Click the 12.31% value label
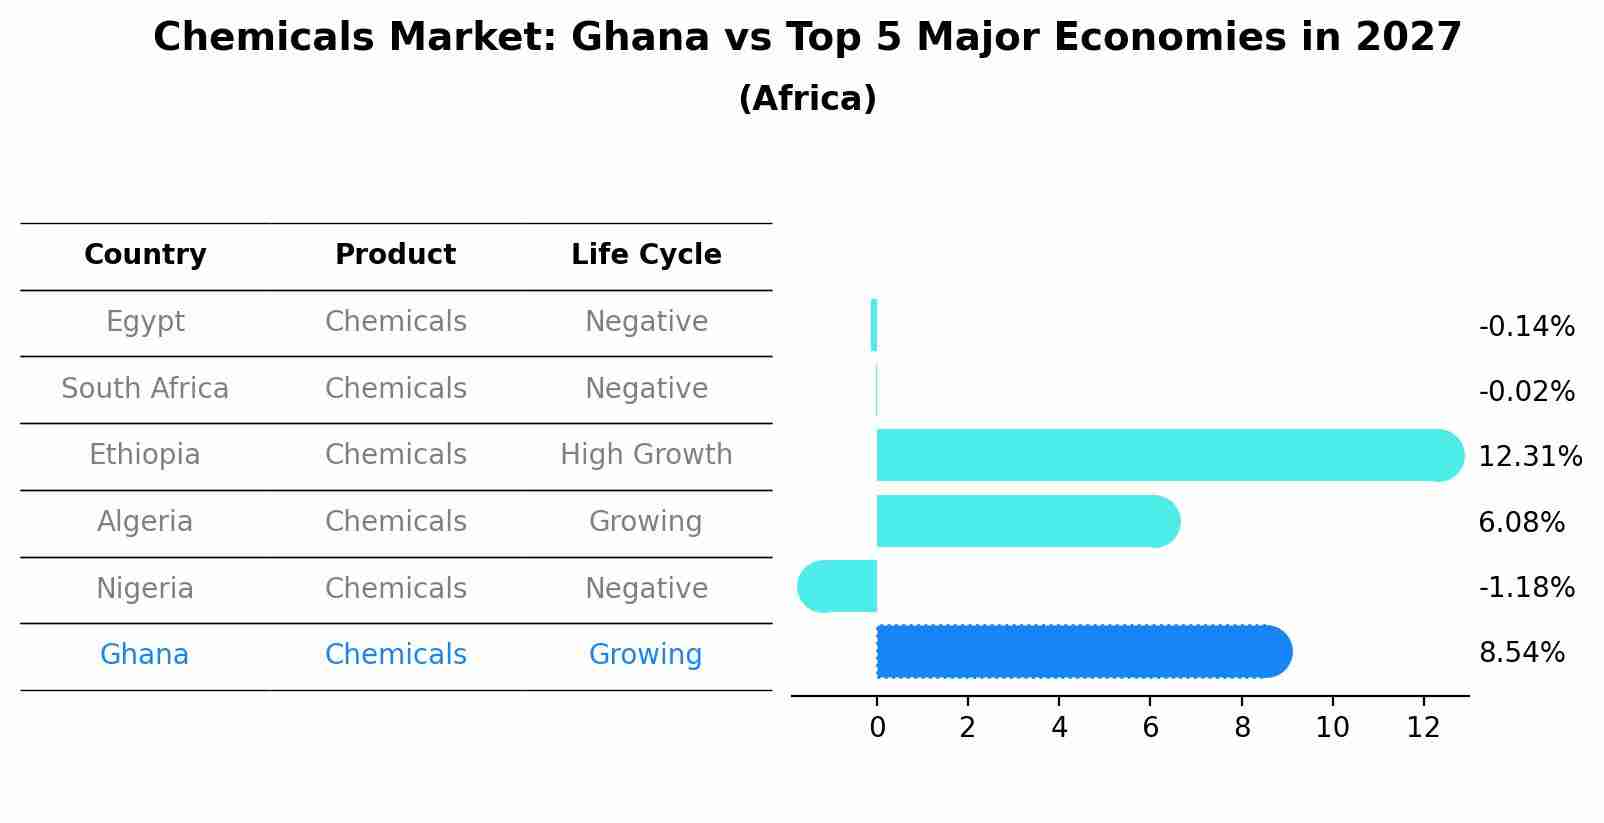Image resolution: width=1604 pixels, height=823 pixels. [1529, 457]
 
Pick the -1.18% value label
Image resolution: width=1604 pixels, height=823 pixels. [1526, 587]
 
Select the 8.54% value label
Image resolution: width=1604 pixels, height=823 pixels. [1521, 653]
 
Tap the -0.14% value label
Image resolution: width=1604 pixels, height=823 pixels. [1526, 327]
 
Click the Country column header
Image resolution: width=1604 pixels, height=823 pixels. [145, 255]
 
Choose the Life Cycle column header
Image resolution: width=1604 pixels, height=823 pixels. [646, 255]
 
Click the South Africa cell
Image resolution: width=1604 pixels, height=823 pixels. [145, 388]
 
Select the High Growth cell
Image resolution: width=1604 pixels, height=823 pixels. [646, 455]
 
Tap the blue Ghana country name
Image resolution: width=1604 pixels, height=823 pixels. [144, 655]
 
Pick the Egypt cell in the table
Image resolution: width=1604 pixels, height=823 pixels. [145, 322]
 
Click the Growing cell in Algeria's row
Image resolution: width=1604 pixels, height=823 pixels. [645, 522]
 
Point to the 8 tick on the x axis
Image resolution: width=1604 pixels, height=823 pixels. [1242, 728]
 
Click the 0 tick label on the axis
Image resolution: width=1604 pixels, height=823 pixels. [877, 728]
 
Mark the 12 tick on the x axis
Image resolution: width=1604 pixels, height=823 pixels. [1423, 728]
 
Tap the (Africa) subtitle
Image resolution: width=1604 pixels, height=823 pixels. [807, 99]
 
